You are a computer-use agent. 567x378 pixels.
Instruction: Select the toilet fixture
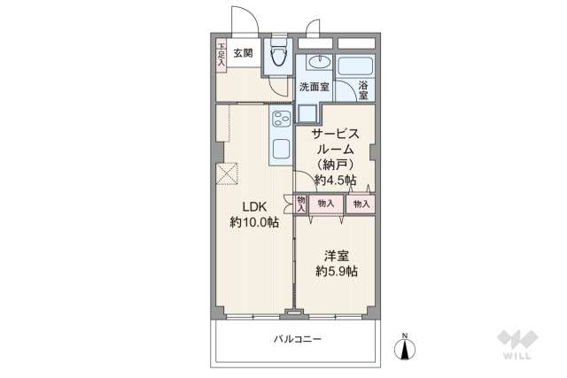(277, 56)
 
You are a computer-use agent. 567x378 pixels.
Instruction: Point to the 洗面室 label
(314, 87)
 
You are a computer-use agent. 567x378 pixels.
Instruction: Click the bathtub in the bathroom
(356, 66)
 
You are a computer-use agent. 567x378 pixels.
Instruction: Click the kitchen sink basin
(282, 147)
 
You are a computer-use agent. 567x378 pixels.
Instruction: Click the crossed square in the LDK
(229, 173)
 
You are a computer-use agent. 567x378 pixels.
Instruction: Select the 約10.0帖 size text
(254, 223)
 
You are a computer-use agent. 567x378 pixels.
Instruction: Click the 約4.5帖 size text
(335, 181)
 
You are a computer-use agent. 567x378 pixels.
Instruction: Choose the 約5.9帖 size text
(336, 272)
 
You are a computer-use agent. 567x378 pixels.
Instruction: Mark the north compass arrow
(406, 349)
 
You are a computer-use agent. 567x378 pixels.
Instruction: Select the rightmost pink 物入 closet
(361, 204)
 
